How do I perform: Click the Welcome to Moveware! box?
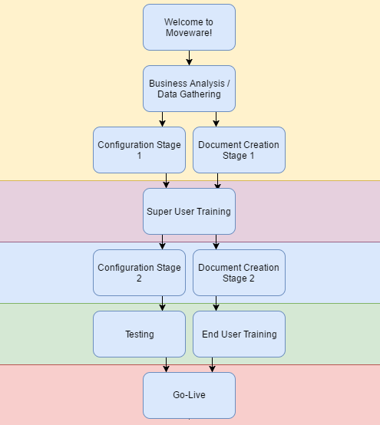[189, 27]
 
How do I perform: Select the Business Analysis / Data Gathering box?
[189, 89]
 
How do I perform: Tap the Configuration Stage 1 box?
[139, 150]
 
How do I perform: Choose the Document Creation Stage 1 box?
[239, 150]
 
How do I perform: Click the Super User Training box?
[189, 212]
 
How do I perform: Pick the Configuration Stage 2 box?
[139, 272]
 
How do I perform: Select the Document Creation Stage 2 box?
[239, 272]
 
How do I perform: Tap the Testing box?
[139, 334]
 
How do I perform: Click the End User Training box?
[239, 334]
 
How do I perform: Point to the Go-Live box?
[189, 395]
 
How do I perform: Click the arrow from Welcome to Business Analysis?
[190, 58]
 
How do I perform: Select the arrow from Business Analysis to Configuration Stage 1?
[162, 119]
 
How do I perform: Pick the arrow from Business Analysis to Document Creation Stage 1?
[216, 119]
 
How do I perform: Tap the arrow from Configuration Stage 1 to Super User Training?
[166, 181]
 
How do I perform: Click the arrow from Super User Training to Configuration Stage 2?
[162, 242]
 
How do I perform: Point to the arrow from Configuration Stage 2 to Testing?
[162, 304]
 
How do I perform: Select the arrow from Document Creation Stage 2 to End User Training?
[216, 304]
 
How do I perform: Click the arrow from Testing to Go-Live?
[166, 365]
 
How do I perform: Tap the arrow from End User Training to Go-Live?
[212, 365]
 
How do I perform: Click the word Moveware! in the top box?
[189, 33]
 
